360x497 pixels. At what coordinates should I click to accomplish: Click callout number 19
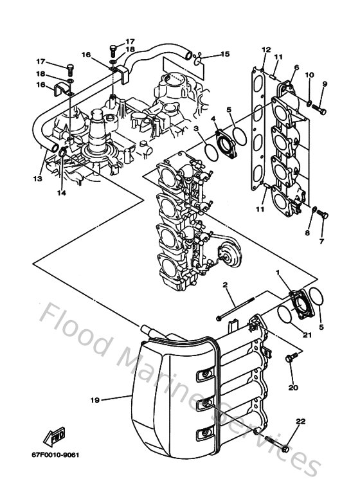[94, 400]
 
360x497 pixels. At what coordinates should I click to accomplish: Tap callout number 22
[300, 421]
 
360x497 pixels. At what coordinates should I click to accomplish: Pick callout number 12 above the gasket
[266, 50]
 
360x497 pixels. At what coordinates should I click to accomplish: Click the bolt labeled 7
[323, 215]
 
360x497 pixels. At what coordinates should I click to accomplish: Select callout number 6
[296, 68]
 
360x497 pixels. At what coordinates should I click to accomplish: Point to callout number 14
[62, 192]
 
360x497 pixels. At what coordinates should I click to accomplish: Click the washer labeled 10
[310, 103]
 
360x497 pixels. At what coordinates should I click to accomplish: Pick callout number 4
[213, 118]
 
